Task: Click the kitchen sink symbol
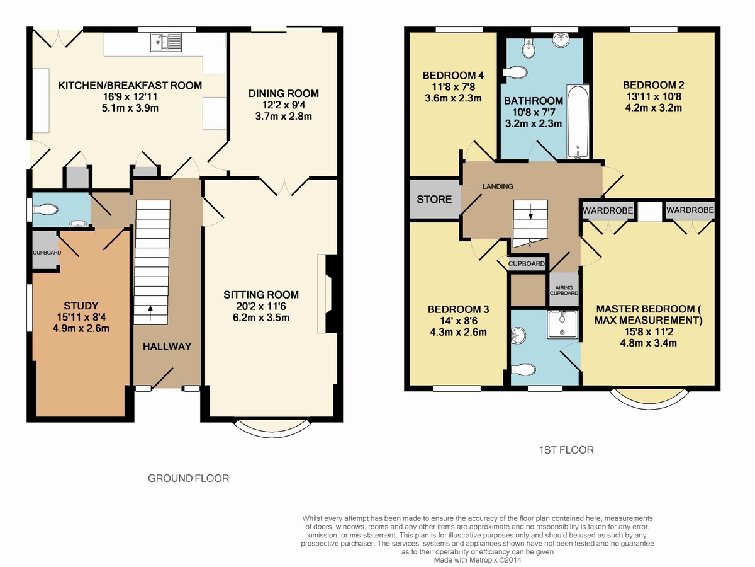[x=166, y=43]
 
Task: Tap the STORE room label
[x=434, y=199]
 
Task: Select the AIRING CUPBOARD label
[x=564, y=290]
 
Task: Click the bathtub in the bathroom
[x=578, y=122]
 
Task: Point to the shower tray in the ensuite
[x=562, y=324]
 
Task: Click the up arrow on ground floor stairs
[x=150, y=313]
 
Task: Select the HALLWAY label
[x=167, y=346]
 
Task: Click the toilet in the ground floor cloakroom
[x=45, y=210]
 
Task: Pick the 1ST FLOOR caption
[x=566, y=450]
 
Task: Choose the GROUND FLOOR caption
[x=189, y=478]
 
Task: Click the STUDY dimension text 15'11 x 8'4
[x=81, y=317]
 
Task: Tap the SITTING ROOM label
[x=261, y=295]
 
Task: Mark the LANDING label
[x=498, y=186]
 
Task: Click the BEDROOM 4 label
[x=454, y=76]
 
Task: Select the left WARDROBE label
[x=608, y=210]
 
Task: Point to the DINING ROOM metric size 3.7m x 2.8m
[x=283, y=117]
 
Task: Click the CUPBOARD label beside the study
[x=47, y=253]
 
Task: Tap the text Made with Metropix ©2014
[x=478, y=560]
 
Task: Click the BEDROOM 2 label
[x=654, y=85]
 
